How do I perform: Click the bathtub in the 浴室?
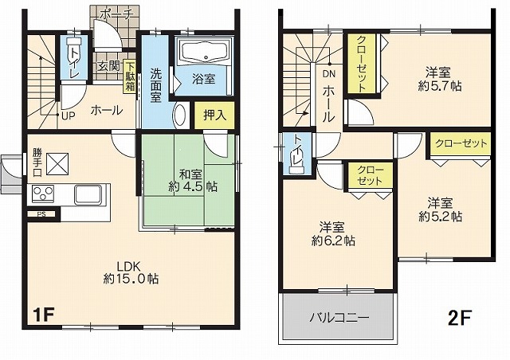click(x=204, y=52)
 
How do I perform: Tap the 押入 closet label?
click(x=214, y=115)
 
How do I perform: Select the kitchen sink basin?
click(x=88, y=194)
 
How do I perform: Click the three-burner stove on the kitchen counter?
click(x=43, y=194)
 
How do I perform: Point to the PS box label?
click(x=41, y=214)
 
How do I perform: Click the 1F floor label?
click(x=43, y=315)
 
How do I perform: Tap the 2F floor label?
click(x=460, y=318)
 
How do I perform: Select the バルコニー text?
click(x=339, y=318)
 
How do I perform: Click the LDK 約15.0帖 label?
click(x=131, y=273)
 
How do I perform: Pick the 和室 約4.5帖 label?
click(x=193, y=181)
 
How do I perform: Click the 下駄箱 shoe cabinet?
click(x=130, y=77)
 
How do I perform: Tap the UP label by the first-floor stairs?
click(x=69, y=115)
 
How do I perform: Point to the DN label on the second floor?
click(x=329, y=74)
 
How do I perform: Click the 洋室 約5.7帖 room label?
click(x=439, y=79)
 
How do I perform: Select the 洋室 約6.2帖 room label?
click(x=333, y=234)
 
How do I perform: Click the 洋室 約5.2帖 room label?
click(x=440, y=209)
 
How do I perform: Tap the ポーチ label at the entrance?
click(x=117, y=14)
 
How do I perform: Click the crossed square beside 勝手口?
click(x=57, y=164)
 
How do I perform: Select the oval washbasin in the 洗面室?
click(x=180, y=116)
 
